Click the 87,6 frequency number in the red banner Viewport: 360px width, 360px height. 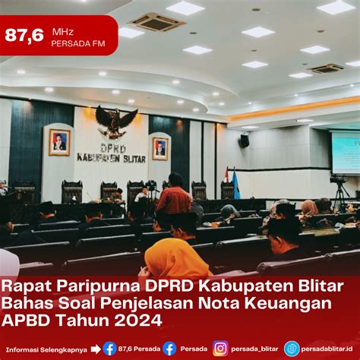(24, 35)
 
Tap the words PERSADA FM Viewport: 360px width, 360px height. (78, 43)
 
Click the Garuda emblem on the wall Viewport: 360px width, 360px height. (116, 122)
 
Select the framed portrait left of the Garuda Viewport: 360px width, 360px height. (59, 142)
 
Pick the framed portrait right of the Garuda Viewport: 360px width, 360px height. (160, 149)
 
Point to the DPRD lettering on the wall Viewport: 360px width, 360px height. (113, 149)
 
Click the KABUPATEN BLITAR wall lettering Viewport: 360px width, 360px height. (112, 158)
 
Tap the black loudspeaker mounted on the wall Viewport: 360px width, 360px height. (245, 141)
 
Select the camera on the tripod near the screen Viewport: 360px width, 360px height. (339, 179)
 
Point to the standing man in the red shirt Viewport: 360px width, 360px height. (175, 195)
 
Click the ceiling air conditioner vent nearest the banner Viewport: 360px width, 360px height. (157, 22)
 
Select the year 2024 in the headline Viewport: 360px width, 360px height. (138, 320)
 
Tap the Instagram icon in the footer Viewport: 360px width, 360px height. (220, 349)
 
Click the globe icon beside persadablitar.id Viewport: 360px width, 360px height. (292, 349)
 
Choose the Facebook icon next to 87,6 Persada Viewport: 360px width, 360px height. (109, 349)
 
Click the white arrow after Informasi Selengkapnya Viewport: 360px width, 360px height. (96, 349)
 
